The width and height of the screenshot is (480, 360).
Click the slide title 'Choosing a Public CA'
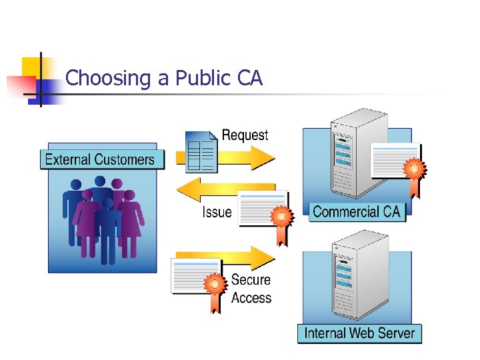click(x=164, y=79)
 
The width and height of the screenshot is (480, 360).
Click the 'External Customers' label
click(x=99, y=159)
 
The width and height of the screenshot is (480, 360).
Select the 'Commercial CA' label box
click(x=357, y=212)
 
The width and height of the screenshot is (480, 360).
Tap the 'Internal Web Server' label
click(x=359, y=333)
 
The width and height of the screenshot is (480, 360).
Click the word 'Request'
click(x=245, y=135)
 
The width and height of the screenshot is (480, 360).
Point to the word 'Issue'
click(x=217, y=213)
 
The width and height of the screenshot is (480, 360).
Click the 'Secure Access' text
click(x=251, y=289)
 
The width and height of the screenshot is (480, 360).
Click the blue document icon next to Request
click(x=201, y=152)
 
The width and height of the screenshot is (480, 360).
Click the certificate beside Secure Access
click(x=195, y=276)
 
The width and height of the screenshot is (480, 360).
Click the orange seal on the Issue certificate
click(x=281, y=217)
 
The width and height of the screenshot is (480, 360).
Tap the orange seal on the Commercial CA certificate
click(x=415, y=169)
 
